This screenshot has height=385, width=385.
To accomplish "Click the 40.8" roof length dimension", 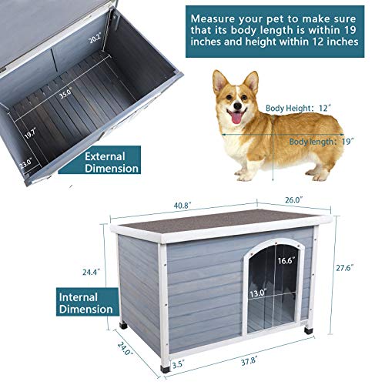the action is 182,206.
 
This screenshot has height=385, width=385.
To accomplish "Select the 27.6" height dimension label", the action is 345,268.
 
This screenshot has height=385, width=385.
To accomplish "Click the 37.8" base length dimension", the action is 249,362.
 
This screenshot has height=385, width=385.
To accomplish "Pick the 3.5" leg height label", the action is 179,364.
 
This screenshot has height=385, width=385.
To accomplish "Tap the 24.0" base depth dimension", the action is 126,348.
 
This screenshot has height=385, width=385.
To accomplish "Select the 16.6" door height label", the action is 286,261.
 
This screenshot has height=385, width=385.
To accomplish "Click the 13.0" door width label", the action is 259,293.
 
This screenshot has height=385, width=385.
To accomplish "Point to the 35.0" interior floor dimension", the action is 65,93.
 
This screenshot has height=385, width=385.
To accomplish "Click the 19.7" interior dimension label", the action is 31,134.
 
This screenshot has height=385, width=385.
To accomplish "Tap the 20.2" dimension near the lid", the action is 95,38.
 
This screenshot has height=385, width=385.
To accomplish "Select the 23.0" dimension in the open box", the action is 25,163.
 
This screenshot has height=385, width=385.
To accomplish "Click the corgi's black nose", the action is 238,105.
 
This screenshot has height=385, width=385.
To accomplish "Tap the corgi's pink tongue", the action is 236,118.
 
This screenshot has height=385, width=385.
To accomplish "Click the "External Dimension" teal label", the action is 112,162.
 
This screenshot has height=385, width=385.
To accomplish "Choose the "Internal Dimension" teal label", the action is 86,303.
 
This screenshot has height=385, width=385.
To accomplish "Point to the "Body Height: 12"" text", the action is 297,108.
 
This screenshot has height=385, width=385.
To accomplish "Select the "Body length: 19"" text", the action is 322,142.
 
